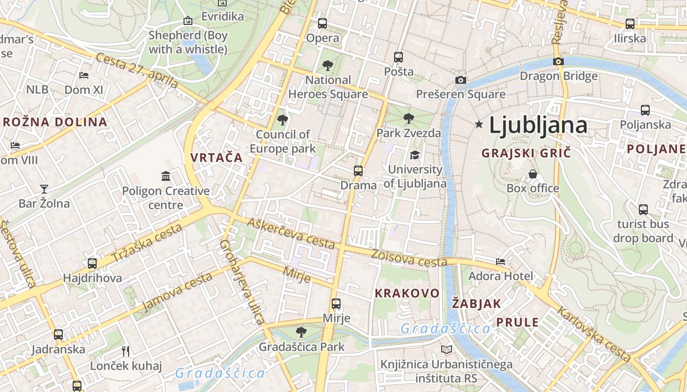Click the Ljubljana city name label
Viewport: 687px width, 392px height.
(x=538, y=125)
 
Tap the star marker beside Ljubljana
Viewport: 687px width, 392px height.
(x=479, y=124)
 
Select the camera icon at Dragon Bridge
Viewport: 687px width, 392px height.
(x=558, y=62)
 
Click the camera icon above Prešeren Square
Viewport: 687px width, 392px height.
(x=460, y=80)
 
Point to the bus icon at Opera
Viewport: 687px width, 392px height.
(x=322, y=23)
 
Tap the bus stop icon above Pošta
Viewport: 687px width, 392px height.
(x=398, y=57)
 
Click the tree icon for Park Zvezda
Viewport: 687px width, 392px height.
(x=408, y=119)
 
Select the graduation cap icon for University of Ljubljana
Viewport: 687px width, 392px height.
(x=415, y=155)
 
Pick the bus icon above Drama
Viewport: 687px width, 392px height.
(x=358, y=171)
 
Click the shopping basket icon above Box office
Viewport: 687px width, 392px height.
(x=532, y=174)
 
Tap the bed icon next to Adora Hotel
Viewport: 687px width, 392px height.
(x=501, y=262)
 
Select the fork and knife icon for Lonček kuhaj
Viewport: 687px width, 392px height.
(x=126, y=351)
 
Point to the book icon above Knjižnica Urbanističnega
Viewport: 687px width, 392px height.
(x=447, y=350)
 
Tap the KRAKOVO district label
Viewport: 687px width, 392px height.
(x=407, y=294)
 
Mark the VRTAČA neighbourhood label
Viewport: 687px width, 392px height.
(x=216, y=157)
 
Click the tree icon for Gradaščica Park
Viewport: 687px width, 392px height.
(x=301, y=332)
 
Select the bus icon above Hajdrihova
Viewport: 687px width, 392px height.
(x=92, y=264)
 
